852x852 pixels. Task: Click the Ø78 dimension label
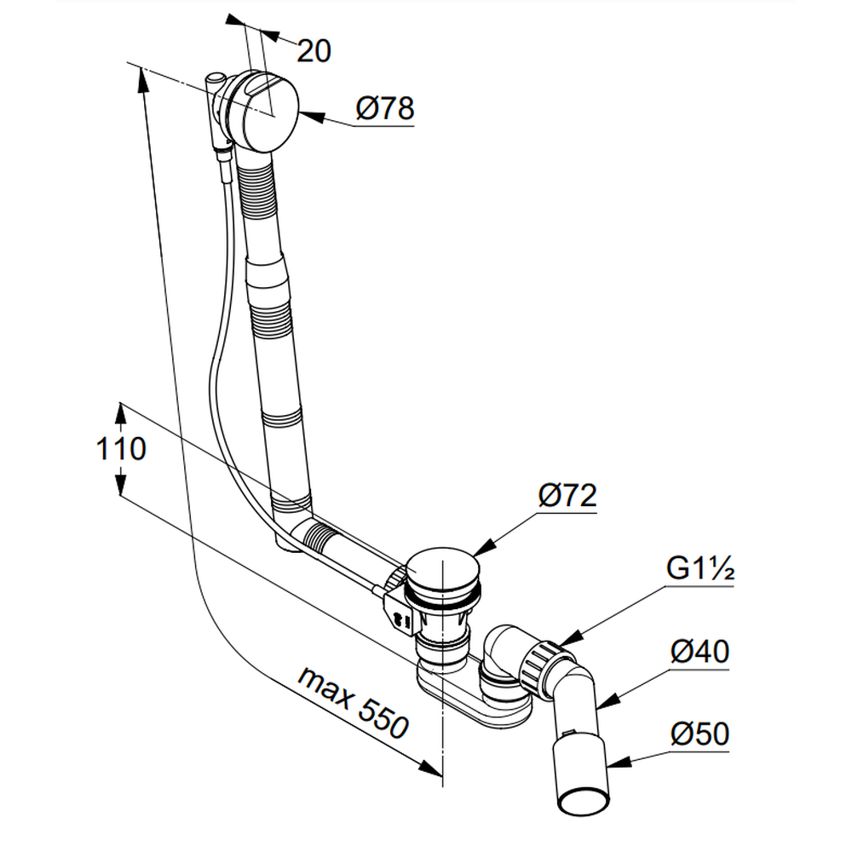(385, 110)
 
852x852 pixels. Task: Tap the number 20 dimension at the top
(314, 52)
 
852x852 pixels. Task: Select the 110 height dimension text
(120, 449)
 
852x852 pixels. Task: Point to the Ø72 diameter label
(566, 496)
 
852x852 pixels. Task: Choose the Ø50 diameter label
(699, 734)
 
